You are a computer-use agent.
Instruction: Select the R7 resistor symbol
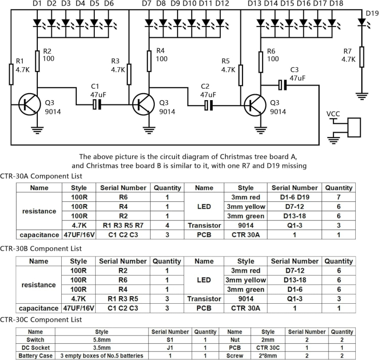pos(362,55)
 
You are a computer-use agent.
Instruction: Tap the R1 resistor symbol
pos(11,74)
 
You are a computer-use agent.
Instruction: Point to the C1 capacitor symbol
pos(96,104)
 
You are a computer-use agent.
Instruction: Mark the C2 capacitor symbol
pos(207,104)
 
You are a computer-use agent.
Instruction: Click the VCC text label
pos(335,114)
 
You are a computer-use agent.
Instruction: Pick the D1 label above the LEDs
pos(37,4)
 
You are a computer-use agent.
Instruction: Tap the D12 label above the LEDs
pos(222,4)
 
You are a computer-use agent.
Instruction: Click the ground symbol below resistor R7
pos(362,96)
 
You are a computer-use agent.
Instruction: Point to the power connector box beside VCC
pos(354,128)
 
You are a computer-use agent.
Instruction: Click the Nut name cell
pos(234,339)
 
